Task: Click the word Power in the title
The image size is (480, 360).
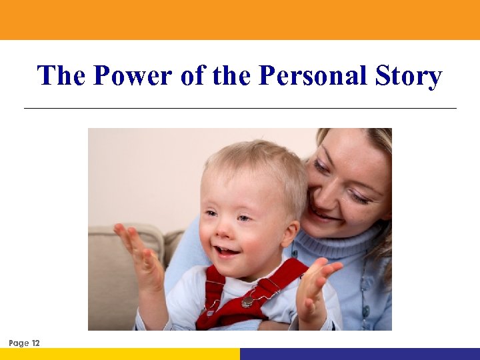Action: click(x=133, y=76)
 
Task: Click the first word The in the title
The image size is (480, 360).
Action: click(x=61, y=76)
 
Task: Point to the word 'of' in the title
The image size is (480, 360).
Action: click(x=193, y=76)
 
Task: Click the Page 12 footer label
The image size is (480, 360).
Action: click(x=25, y=343)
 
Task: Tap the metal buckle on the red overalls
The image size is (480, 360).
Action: click(x=247, y=301)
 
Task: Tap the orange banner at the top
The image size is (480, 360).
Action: click(x=240, y=19)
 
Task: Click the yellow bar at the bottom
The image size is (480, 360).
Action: click(x=120, y=353)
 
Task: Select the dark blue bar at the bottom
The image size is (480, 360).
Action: click(x=360, y=353)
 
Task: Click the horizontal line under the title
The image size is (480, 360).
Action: click(x=240, y=108)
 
